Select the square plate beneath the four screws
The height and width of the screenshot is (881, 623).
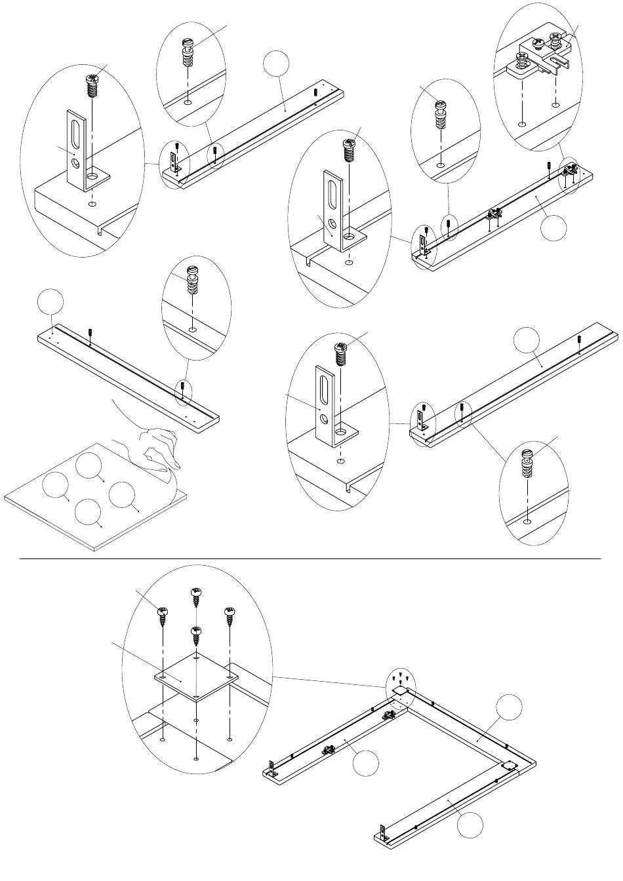(x=195, y=676)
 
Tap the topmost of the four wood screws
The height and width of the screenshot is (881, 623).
(x=195, y=597)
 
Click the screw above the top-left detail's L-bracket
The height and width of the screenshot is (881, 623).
(x=92, y=85)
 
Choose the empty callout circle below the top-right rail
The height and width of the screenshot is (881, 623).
(x=554, y=227)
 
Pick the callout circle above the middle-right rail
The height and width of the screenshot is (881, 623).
(x=527, y=340)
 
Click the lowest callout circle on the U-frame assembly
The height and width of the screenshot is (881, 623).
(x=471, y=823)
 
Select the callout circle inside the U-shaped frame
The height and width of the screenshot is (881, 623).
(x=365, y=765)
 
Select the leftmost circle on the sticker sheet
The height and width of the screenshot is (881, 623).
(x=56, y=486)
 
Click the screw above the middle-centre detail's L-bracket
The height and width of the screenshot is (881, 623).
(x=341, y=355)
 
